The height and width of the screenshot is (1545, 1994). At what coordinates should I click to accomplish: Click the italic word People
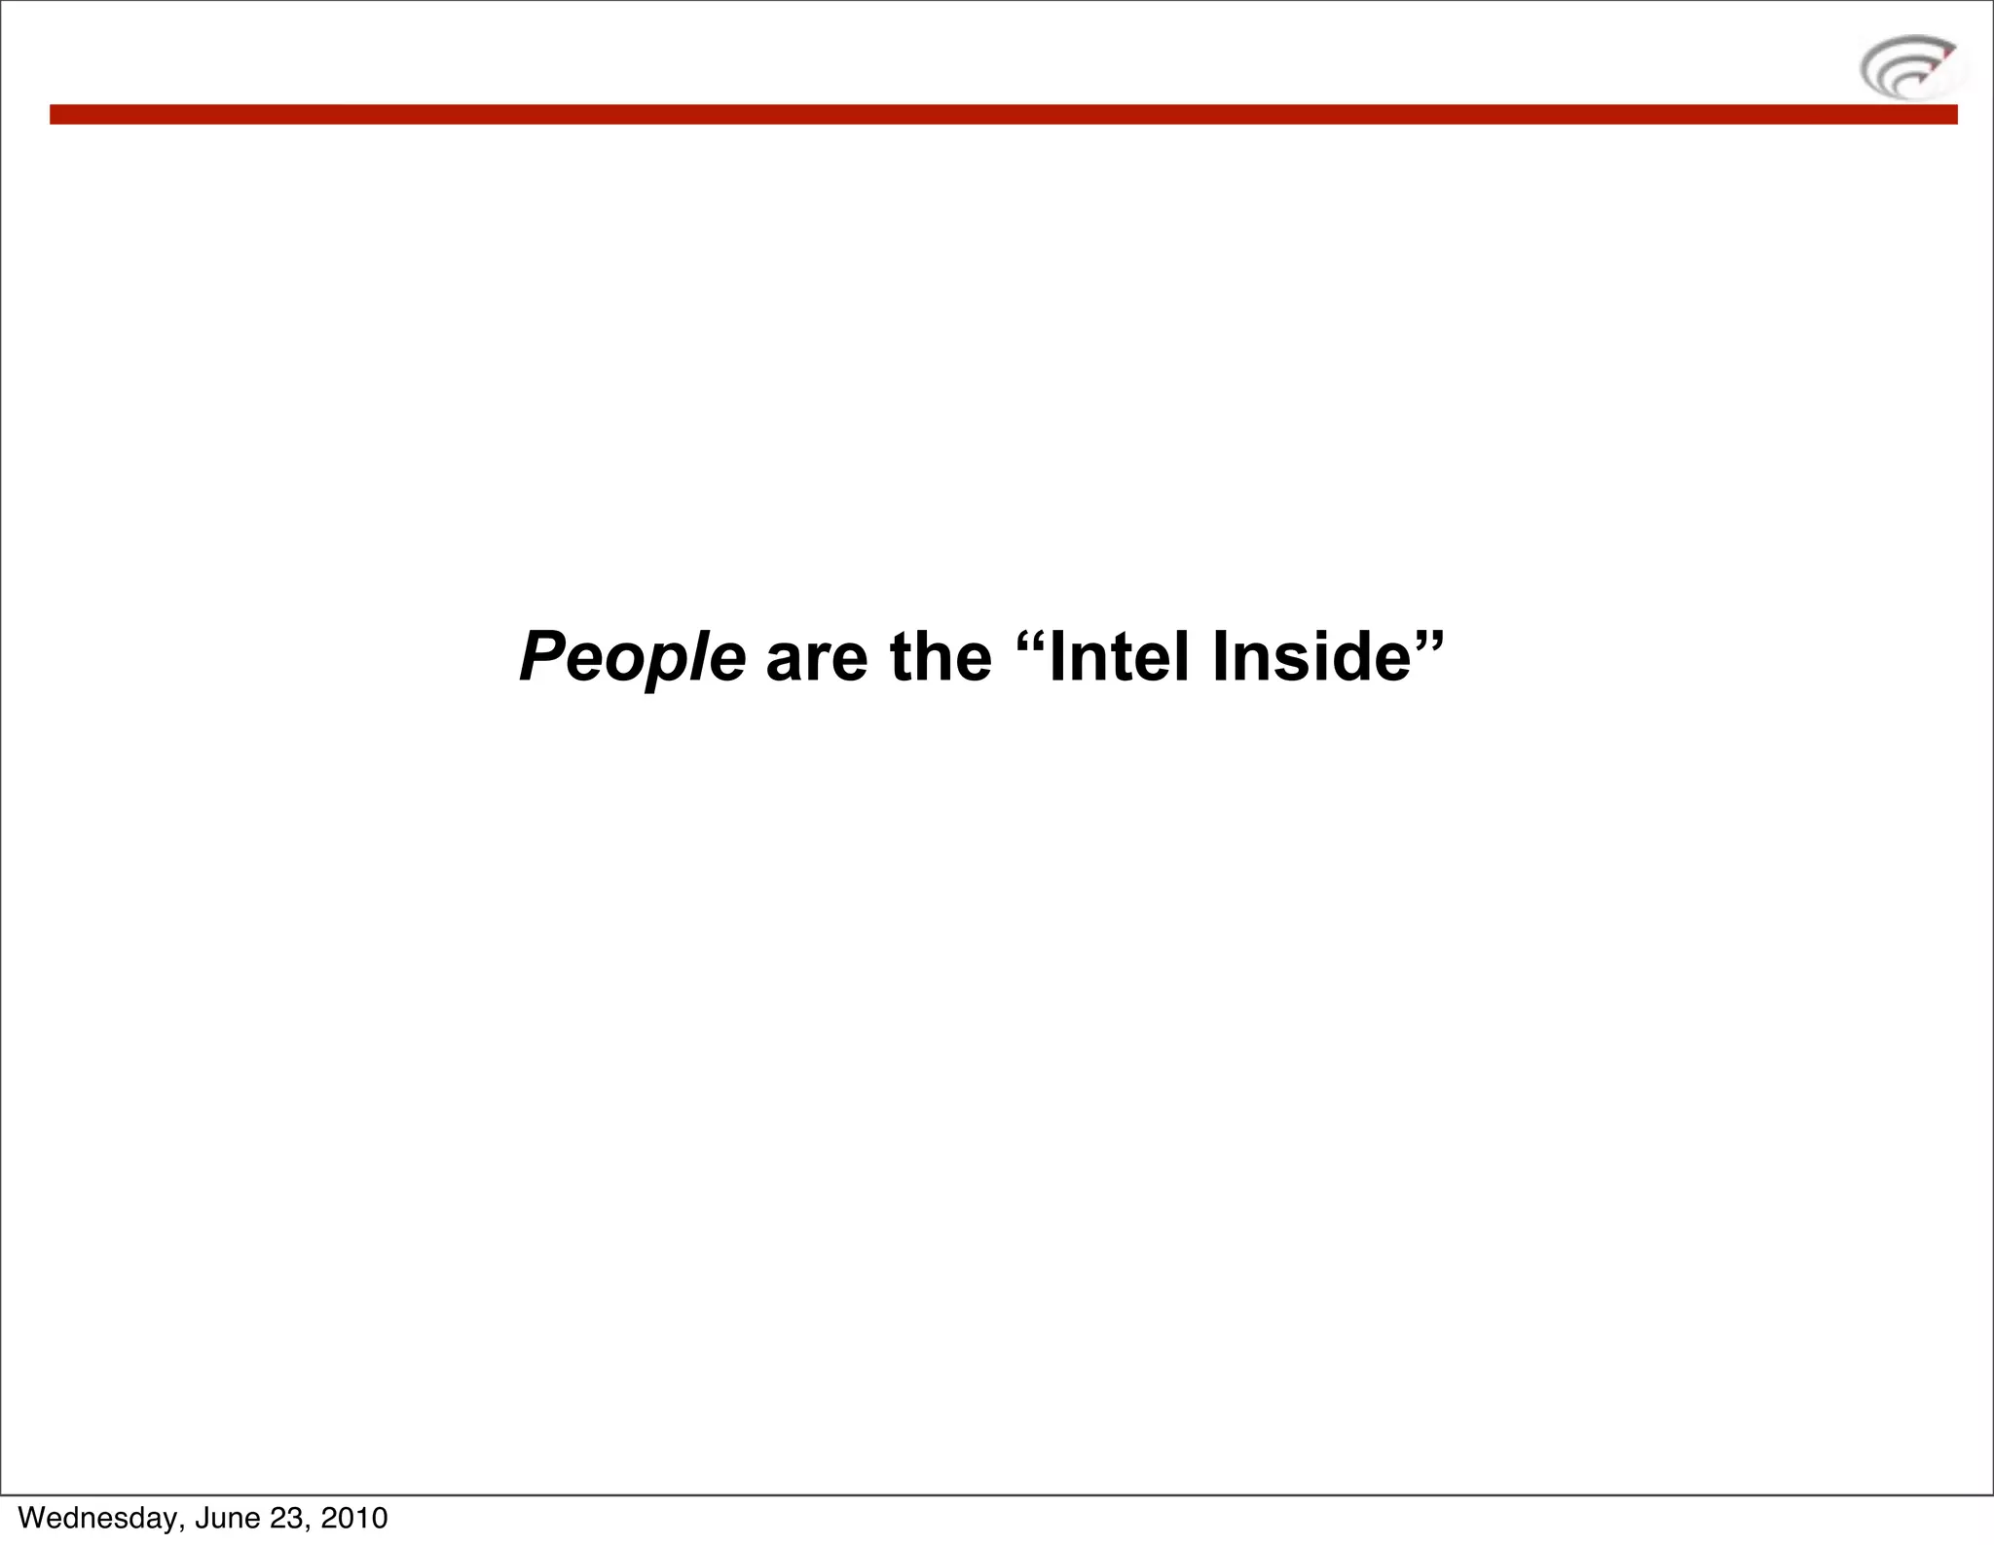pos(632,658)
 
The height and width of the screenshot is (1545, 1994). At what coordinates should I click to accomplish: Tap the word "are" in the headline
pos(816,658)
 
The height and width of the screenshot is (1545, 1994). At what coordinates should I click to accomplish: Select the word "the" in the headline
pos(941,658)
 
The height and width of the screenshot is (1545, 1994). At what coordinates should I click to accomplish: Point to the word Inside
pos(1311,658)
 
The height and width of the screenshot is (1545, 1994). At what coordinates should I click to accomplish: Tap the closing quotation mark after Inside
pos(1429,642)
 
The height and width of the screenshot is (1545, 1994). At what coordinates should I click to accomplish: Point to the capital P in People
pos(542,658)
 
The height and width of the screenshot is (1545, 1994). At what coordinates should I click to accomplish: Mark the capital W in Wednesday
pos(31,1518)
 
